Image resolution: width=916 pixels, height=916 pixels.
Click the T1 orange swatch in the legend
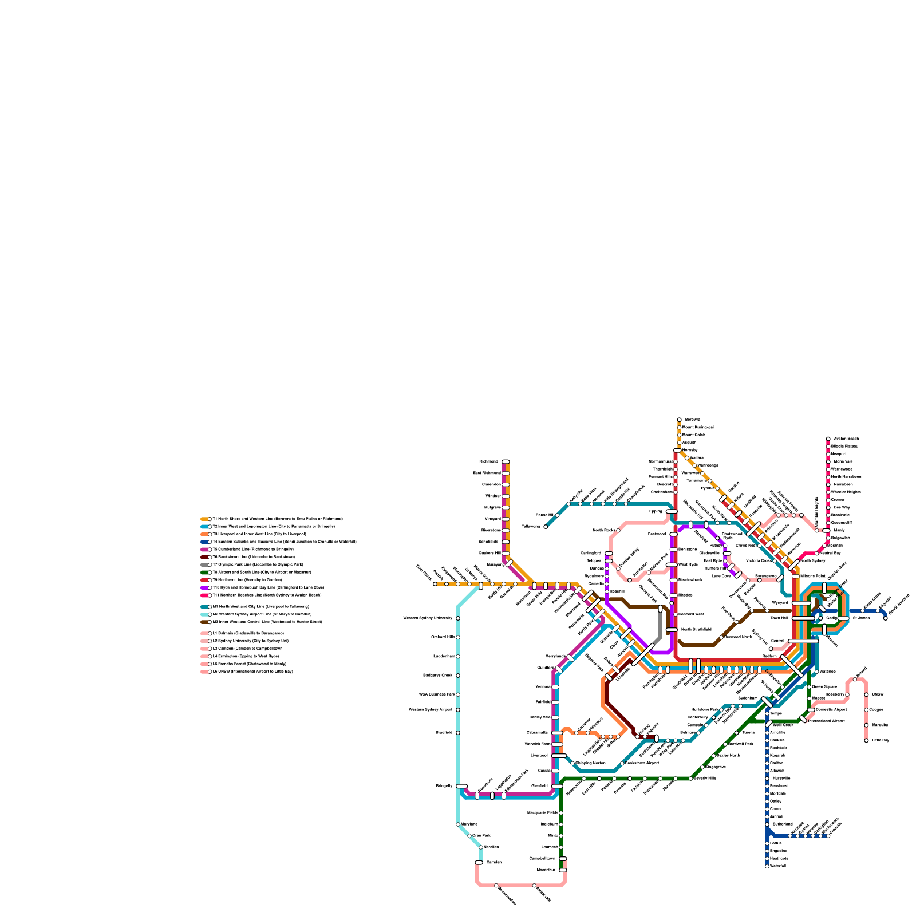click(x=204, y=519)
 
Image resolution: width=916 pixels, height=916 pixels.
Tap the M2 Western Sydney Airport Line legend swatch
click(x=204, y=614)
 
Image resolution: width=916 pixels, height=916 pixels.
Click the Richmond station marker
click(x=506, y=461)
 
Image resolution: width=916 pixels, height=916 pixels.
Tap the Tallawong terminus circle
click(x=546, y=527)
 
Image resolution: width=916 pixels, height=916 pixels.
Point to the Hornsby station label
click(x=690, y=450)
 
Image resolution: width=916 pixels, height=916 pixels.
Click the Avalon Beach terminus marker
click(x=828, y=439)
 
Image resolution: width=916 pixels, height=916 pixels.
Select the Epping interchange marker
click(x=672, y=511)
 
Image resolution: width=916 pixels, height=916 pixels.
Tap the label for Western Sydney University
click(x=428, y=618)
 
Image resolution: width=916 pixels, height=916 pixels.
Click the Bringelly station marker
click(x=462, y=786)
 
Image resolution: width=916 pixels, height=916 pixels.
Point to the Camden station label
click(x=493, y=862)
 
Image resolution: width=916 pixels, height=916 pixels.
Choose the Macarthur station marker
click(x=563, y=870)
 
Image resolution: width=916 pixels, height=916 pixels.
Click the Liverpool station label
click(x=539, y=755)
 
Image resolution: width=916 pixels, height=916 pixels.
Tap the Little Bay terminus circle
click(x=866, y=740)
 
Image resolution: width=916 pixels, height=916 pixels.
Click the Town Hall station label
click(x=779, y=618)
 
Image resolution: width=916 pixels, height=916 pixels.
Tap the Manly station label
click(x=839, y=530)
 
